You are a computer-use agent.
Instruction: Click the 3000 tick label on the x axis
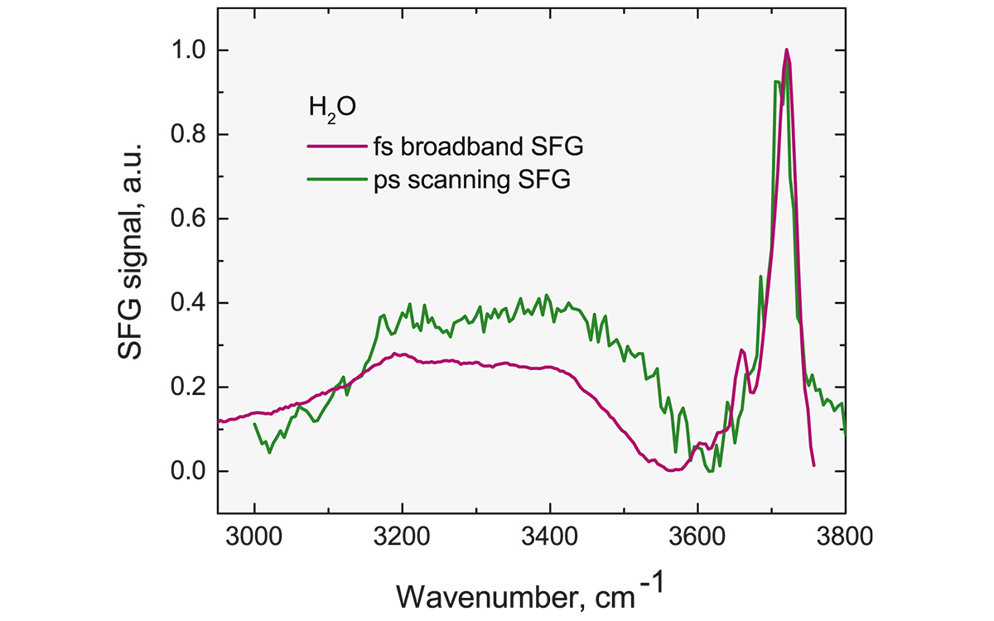coord(254,535)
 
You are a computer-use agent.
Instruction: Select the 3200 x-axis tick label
coord(402,535)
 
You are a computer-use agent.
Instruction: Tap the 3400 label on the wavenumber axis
coord(549,535)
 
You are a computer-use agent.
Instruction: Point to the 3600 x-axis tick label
coord(697,535)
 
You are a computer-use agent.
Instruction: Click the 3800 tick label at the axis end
coord(844,535)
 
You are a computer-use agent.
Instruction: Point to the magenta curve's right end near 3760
coord(814,465)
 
